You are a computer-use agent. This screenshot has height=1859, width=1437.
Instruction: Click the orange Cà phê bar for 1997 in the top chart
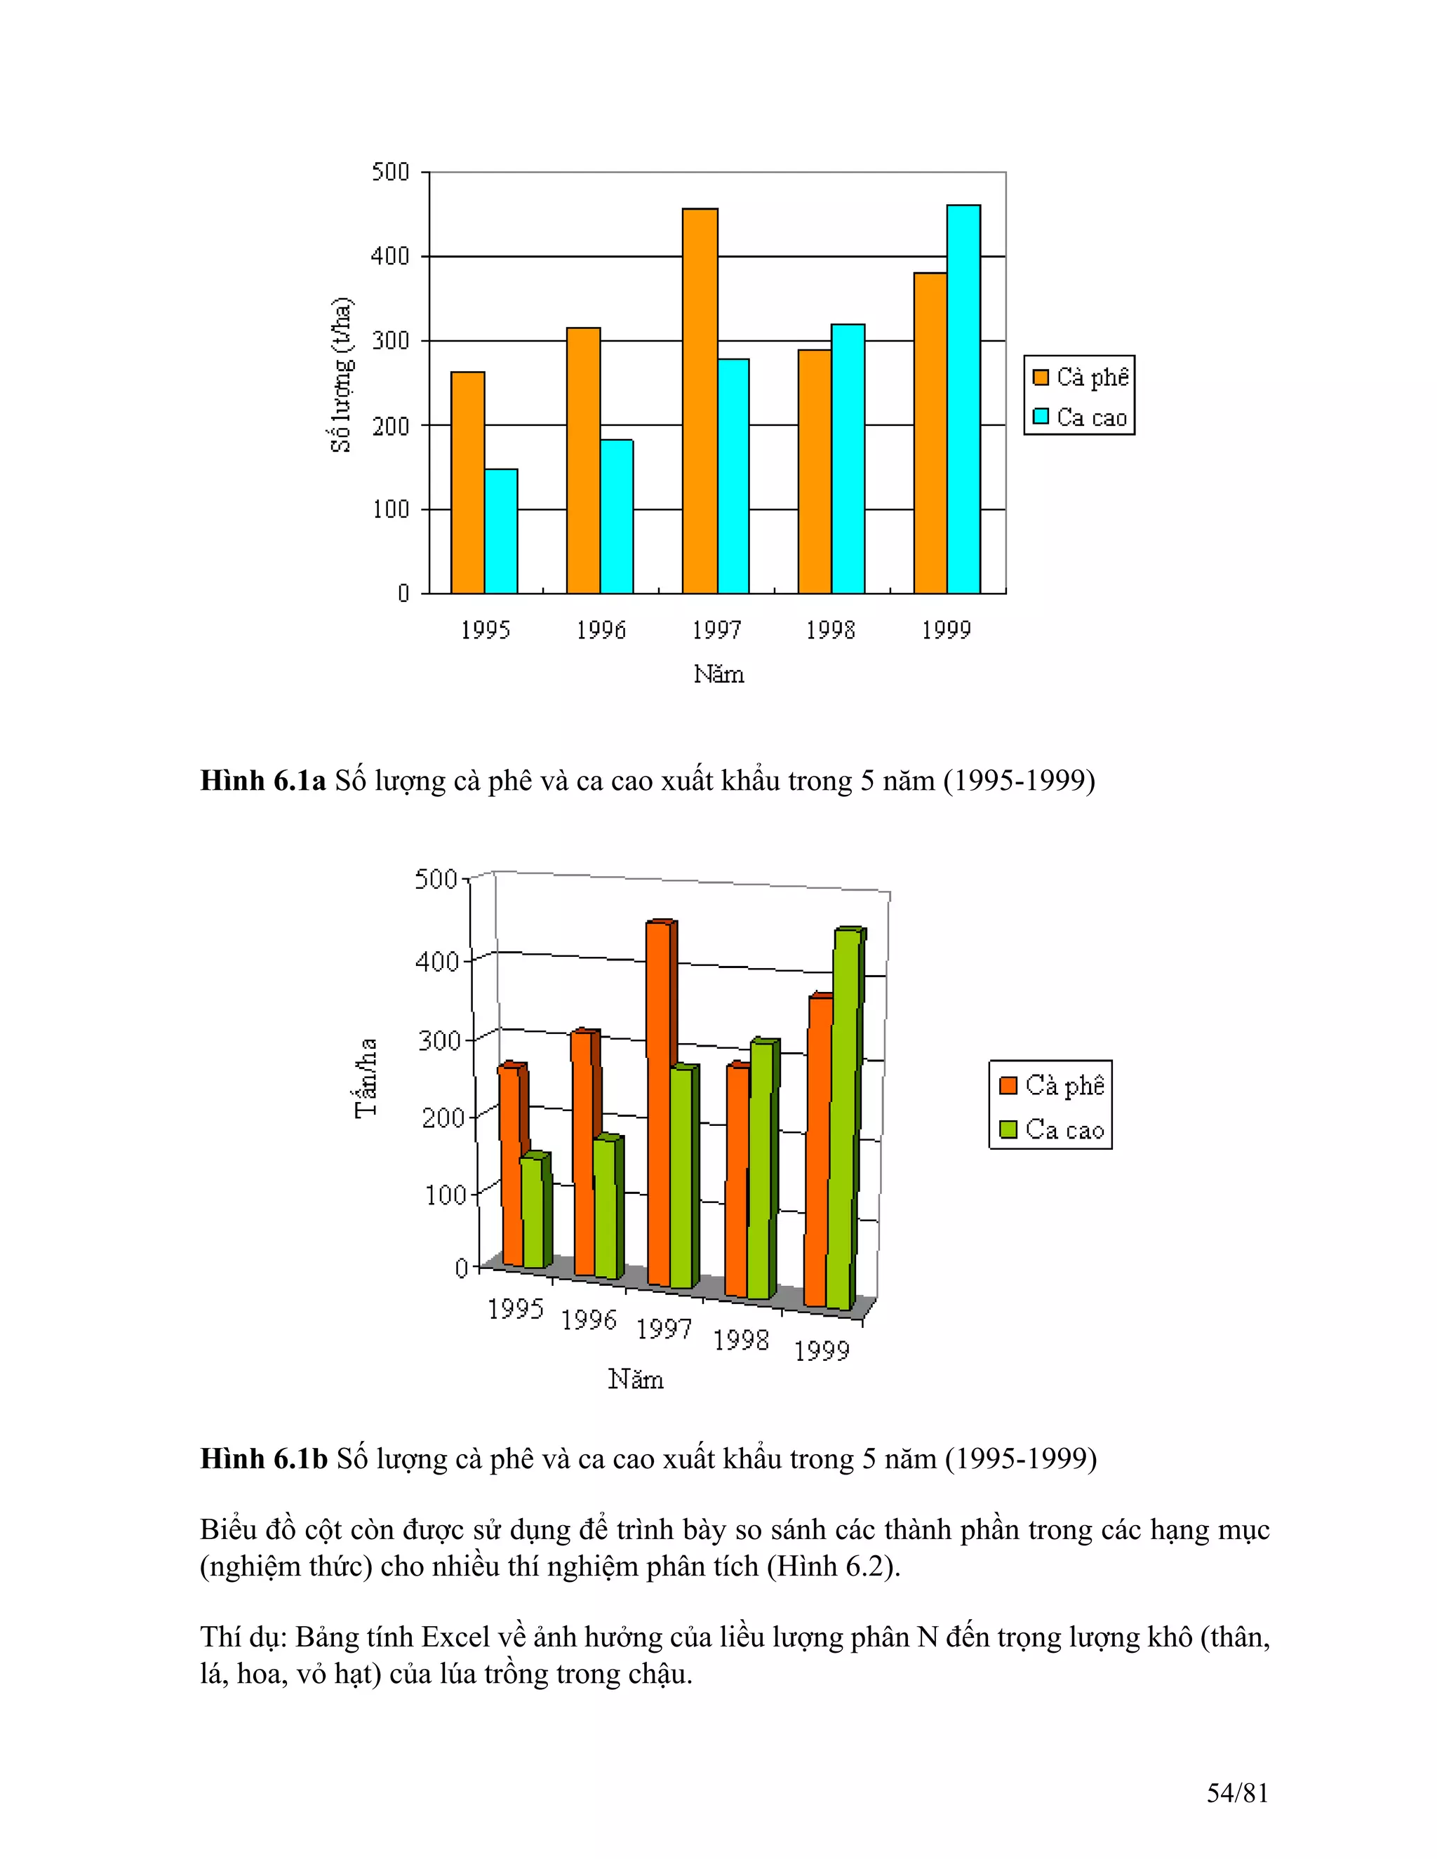(x=700, y=400)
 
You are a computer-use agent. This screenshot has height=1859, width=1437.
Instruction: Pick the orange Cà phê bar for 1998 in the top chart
(x=815, y=471)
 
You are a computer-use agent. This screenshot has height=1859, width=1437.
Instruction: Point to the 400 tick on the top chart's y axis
(x=391, y=256)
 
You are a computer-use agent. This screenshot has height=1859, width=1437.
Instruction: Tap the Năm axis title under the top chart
(x=718, y=675)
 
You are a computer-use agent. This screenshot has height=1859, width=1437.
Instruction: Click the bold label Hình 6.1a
(x=262, y=781)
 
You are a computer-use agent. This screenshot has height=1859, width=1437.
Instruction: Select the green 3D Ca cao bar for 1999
(x=845, y=1115)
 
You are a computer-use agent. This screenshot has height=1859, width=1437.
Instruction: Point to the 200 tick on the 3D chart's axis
(x=443, y=1118)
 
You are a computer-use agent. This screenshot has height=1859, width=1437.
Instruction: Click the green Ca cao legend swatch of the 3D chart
(x=1008, y=1129)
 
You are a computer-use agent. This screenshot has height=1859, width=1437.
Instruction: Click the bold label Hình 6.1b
(x=263, y=1459)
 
